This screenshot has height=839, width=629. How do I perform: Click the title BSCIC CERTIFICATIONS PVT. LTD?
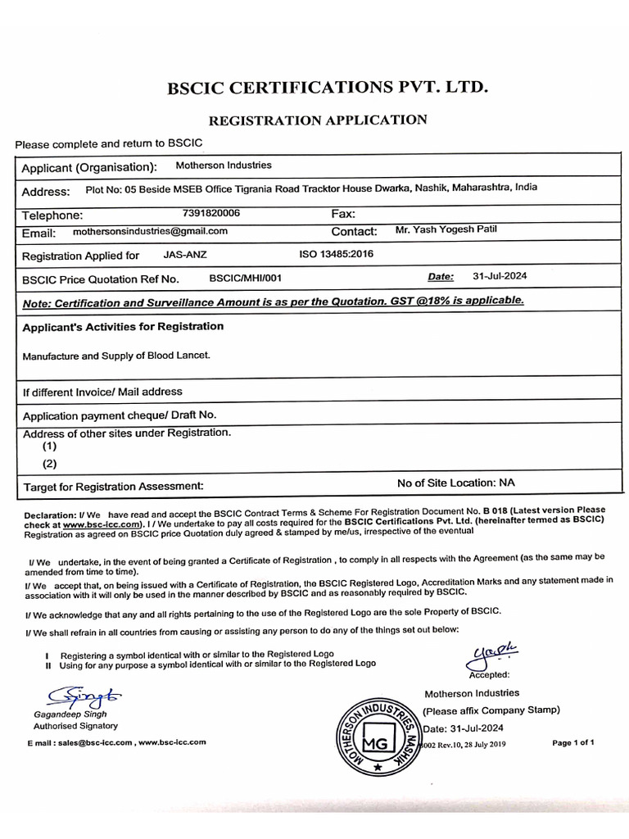coord(328,87)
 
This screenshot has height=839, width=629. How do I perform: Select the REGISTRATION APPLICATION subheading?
coord(318,120)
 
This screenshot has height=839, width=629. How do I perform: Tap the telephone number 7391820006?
coord(210,213)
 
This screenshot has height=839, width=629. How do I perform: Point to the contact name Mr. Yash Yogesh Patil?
coord(446,229)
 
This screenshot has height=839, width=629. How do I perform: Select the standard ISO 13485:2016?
coord(337,254)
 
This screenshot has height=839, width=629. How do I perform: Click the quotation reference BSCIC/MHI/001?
coord(245,278)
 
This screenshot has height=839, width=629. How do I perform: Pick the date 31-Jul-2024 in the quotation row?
coord(500,276)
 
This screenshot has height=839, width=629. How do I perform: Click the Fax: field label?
coord(342,214)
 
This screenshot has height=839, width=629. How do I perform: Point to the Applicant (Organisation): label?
coord(88,168)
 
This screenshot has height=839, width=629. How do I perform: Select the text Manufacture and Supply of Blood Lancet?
coord(116,356)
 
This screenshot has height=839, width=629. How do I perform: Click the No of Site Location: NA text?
coord(456,483)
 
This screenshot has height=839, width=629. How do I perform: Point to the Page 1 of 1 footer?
coord(573,743)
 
